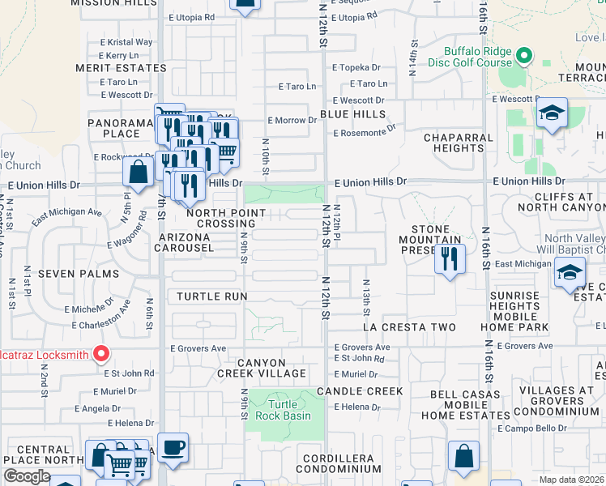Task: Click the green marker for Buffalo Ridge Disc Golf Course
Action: pyautogui.click(x=524, y=57)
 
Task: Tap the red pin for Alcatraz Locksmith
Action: pyautogui.click(x=100, y=353)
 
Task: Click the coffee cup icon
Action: pyautogui.click(x=173, y=448)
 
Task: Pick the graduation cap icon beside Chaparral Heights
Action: pyautogui.click(x=551, y=113)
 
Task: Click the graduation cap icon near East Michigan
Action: pyautogui.click(x=570, y=272)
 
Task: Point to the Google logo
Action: pyautogui.click(x=26, y=475)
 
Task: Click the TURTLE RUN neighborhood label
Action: pyautogui.click(x=211, y=296)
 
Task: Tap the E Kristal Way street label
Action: pyautogui.click(x=126, y=42)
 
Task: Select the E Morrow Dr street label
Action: pyautogui.click(x=292, y=120)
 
